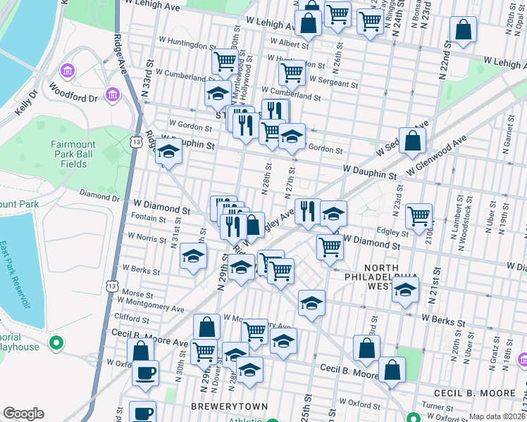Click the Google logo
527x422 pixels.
pos(23,413)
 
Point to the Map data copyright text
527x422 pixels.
pos(497,416)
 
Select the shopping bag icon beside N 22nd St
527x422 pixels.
pos(463,31)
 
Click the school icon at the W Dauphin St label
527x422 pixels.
pos(168,153)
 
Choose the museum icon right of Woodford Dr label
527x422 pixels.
pos(111,94)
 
